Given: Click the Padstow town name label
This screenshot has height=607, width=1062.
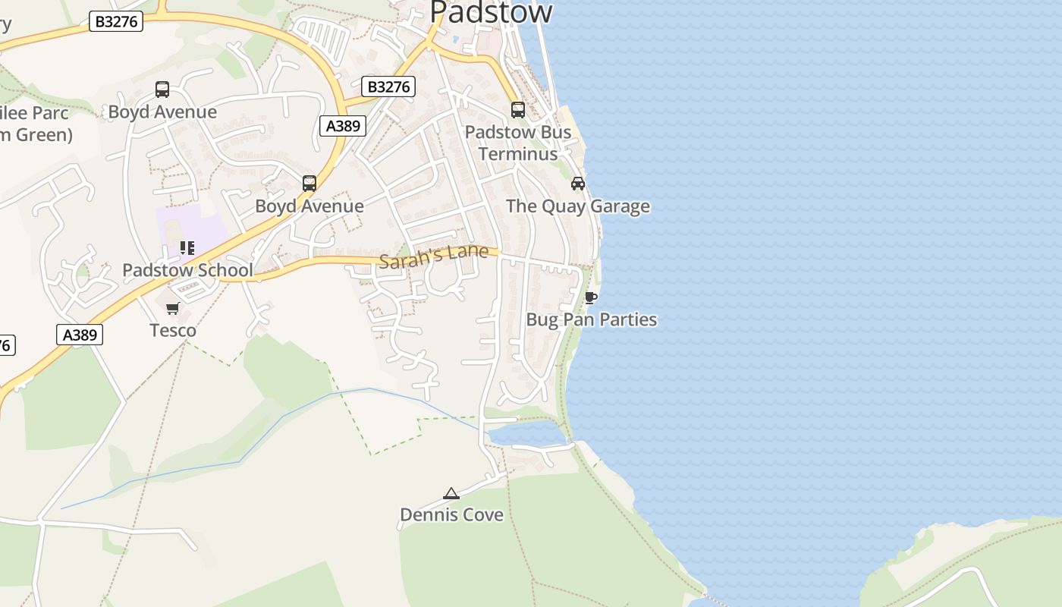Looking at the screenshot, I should point(491,12).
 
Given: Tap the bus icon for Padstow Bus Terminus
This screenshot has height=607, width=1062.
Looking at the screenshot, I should point(518,110).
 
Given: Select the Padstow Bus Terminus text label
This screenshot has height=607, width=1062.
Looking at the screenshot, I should point(518,143).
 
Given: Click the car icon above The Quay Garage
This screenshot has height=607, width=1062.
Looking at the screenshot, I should point(578,184).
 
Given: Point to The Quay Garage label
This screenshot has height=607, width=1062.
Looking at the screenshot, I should point(577,206).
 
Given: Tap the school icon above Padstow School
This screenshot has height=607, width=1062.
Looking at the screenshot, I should point(187,248).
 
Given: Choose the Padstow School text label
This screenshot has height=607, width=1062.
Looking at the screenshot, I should point(187,270).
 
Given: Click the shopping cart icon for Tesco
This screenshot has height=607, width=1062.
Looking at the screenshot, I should point(173,308).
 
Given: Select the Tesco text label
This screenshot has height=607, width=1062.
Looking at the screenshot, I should point(173,330).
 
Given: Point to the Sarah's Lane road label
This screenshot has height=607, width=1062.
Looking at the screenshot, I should point(433,256).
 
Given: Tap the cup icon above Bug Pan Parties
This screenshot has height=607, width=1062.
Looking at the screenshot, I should point(591,297).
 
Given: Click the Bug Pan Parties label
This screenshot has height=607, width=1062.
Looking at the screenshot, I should point(591,319).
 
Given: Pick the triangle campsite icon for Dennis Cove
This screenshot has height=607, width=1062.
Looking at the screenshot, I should point(451,494).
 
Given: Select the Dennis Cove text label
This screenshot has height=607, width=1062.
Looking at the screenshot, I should point(451,515).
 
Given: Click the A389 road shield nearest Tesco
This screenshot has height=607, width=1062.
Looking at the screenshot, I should point(79,335).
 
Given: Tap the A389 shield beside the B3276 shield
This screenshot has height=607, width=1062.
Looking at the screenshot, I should point(343,126).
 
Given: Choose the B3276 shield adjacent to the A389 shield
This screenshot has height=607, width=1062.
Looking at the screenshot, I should point(388,87).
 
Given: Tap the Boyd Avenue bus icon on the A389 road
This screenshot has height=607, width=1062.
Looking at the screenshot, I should point(309,184).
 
